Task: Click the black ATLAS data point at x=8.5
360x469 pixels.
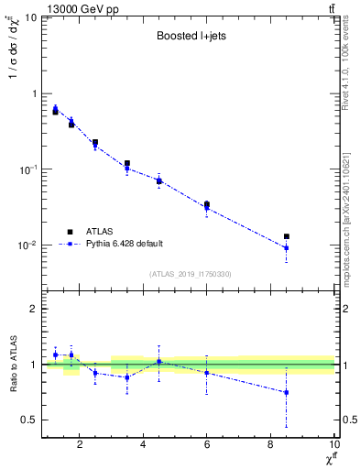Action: pos(287,236)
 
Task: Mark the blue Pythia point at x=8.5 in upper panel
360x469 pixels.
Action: pos(287,248)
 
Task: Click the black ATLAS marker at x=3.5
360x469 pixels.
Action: pos(127,163)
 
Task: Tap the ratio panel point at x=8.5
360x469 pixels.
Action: pos(287,392)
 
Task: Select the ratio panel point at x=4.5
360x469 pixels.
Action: pos(159,362)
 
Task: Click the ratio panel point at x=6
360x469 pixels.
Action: pos(207,373)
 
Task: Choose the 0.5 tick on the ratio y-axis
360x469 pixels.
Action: pos(32,420)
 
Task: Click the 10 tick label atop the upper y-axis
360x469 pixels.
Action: pos(29,18)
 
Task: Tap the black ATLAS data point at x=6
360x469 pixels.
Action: pos(207,204)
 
